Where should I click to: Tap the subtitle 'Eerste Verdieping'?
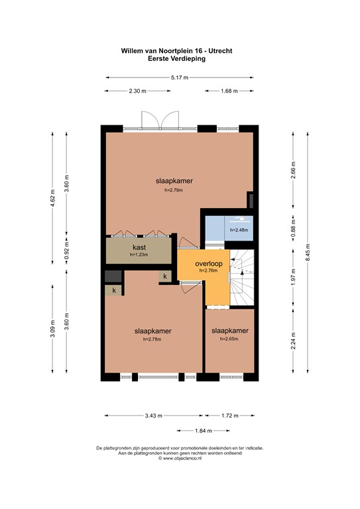click(x=176, y=58)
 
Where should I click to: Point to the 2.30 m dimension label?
click(x=138, y=91)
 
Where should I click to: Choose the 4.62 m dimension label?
click(x=52, y=198)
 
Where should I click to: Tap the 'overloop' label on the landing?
click(x=208, y=263)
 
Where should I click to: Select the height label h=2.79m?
click(x=174, y=190)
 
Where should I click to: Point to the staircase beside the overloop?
click(x=243, y=278)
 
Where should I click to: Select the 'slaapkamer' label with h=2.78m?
click(x=152, y=331)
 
